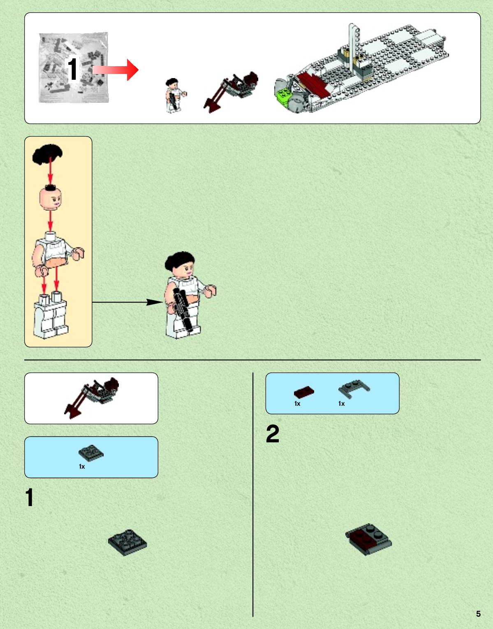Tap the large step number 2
(x=273, y=434)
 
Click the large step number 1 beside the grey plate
(x=29, y=497)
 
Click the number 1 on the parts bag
(x=72, y=69)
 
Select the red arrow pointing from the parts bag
(x=115, y=70)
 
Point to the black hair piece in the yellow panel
(x=47, y=154)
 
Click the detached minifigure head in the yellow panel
(x=51, y=197)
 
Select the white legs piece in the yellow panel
(x=51, y=315)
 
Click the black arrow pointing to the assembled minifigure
(x=127, y=302)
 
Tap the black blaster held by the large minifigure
(x=183, y=310)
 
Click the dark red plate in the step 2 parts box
(x=304, y=392)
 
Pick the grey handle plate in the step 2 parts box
(x=354, y=389)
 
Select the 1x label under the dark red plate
(x=297, y=404)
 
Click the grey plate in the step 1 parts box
(x=91, y=453)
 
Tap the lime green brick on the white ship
(x=284, y=95)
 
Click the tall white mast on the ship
(x=353, y=48)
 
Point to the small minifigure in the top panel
(x=175, y=95)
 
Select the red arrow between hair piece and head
(x=51, y=171)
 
